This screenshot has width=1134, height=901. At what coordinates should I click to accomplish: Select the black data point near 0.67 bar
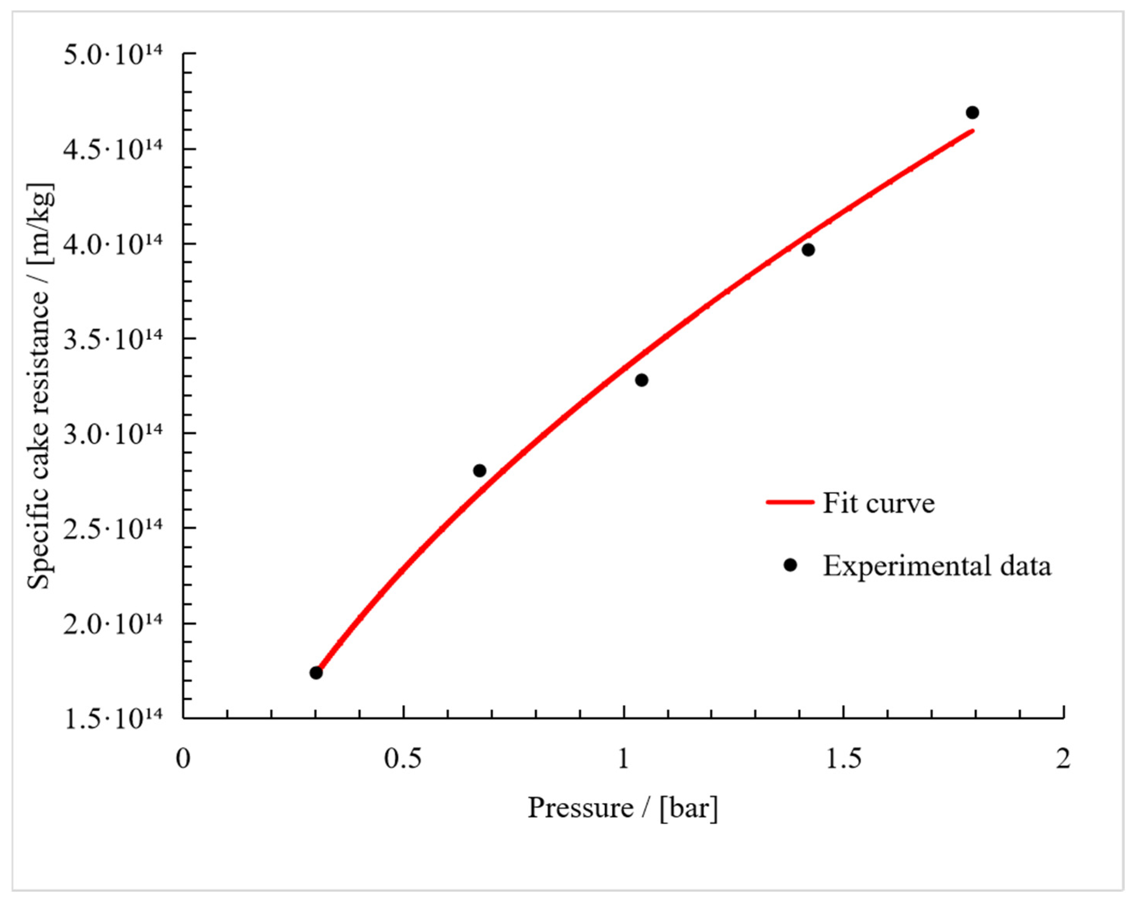click(x=479, y=470)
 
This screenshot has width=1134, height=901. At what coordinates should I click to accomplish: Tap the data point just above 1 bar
click(x=641, y=380)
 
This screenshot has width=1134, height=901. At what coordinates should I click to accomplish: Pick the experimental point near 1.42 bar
click(x=808, y=250)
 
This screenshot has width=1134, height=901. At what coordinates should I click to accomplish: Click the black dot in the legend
click(x=790, y=565)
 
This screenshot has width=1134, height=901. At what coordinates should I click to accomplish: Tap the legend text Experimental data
click(x=937, y=566)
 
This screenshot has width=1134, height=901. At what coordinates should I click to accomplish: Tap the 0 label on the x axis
click(x=183, y=758)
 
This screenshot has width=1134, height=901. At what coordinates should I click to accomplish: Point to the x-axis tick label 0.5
click(x=403, y=758)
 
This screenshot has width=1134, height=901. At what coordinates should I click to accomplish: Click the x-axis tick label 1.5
click(x=843, y=758)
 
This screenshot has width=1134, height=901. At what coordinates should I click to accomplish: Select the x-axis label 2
click(x=1063, y=758)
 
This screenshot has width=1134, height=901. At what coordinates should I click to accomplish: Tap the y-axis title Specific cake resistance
click(x=40, y=387)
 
